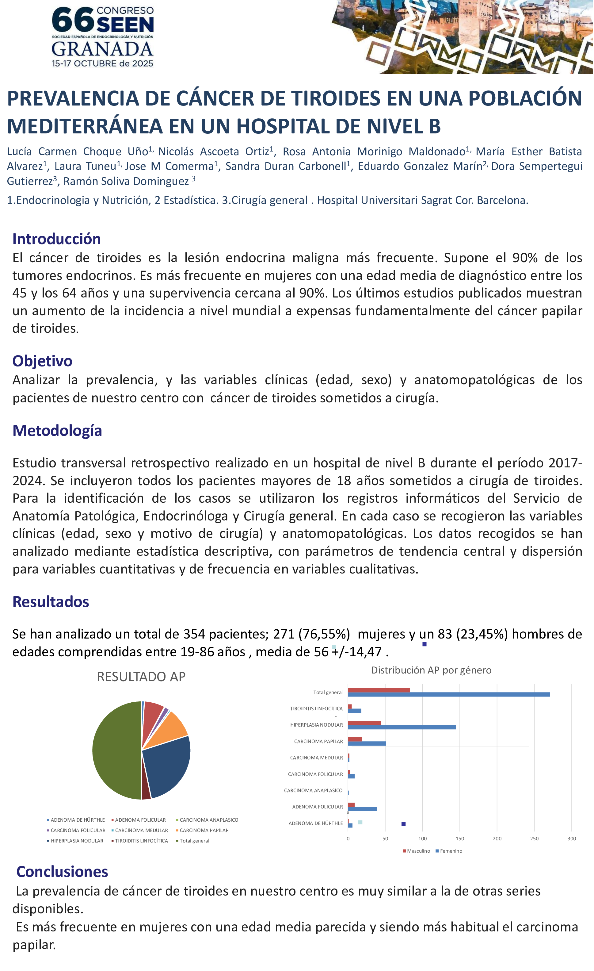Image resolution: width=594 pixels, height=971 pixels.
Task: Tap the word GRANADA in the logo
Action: coord(102,49)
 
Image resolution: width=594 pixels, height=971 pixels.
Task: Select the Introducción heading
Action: coord(56,239)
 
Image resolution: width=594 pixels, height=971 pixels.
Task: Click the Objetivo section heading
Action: coord(42,361)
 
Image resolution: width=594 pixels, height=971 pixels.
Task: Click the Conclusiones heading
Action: coord(62,871)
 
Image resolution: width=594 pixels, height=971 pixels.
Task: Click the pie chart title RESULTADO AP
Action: coord(141,676)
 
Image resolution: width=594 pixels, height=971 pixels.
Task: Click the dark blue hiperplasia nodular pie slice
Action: coord(167,765)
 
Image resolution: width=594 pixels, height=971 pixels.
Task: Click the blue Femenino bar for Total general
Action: coord(449,694)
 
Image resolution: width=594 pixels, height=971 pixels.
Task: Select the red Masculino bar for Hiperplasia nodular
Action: coord(364,723)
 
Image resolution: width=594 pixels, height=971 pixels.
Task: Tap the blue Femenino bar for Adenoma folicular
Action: coord(362,809)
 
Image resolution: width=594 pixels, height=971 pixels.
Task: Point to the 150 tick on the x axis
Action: coord(460,839)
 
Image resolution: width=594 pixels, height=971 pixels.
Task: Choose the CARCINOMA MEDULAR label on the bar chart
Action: coord(316,758)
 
